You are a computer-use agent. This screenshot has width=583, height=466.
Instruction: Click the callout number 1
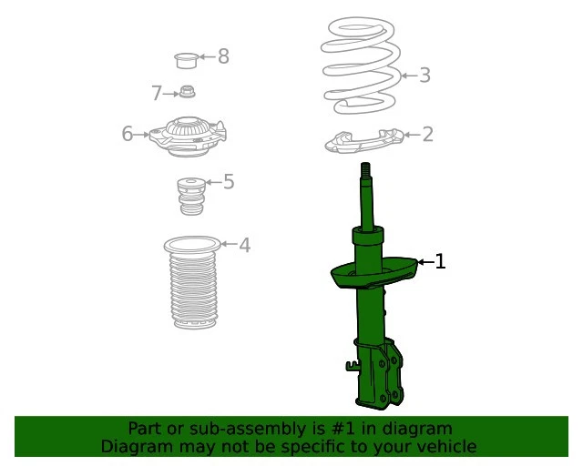click(440, 262)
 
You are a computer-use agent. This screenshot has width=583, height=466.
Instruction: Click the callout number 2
click(426, 136)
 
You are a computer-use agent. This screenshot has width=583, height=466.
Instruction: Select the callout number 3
click(424, 76)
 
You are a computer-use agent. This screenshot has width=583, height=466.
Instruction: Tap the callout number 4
click(244, 245)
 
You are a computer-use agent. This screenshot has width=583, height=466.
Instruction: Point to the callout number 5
click(229, 182)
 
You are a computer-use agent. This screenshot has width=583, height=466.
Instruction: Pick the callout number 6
click(128, 135)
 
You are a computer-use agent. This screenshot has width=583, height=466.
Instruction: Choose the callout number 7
click(156, 93)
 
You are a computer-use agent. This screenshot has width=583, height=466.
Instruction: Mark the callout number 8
click(223, 57)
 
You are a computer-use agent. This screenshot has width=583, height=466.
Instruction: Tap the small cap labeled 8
click(187, 61)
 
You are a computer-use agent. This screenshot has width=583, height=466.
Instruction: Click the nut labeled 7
click(188, 92)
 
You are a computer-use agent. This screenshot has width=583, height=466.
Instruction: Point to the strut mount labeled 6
click(187, 134)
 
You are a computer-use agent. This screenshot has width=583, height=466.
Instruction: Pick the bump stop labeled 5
click(189, 197)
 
